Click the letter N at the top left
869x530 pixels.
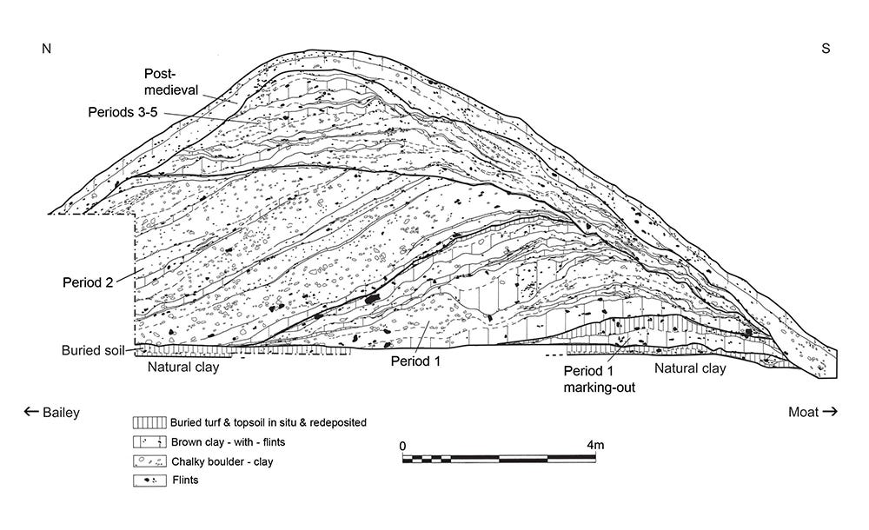pyautogui.click(x=47, y=49)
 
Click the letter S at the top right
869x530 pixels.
pyautogui.click(x=826, y=49)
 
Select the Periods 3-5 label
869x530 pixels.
pyautogui.click(x=124, y=113)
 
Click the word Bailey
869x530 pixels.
pyautogui.click(x=61, y=413)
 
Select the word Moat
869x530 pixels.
pyautogui.click(x=803, y=413)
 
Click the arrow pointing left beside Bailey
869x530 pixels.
pyautogui.click(x=31, y=413)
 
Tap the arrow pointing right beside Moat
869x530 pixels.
pyautogui.click(x=830, y=413)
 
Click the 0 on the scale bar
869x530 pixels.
pyautogui.click(x=403, y=445)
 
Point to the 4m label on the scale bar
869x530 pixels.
pyautogui.click(x=595, y=445)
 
